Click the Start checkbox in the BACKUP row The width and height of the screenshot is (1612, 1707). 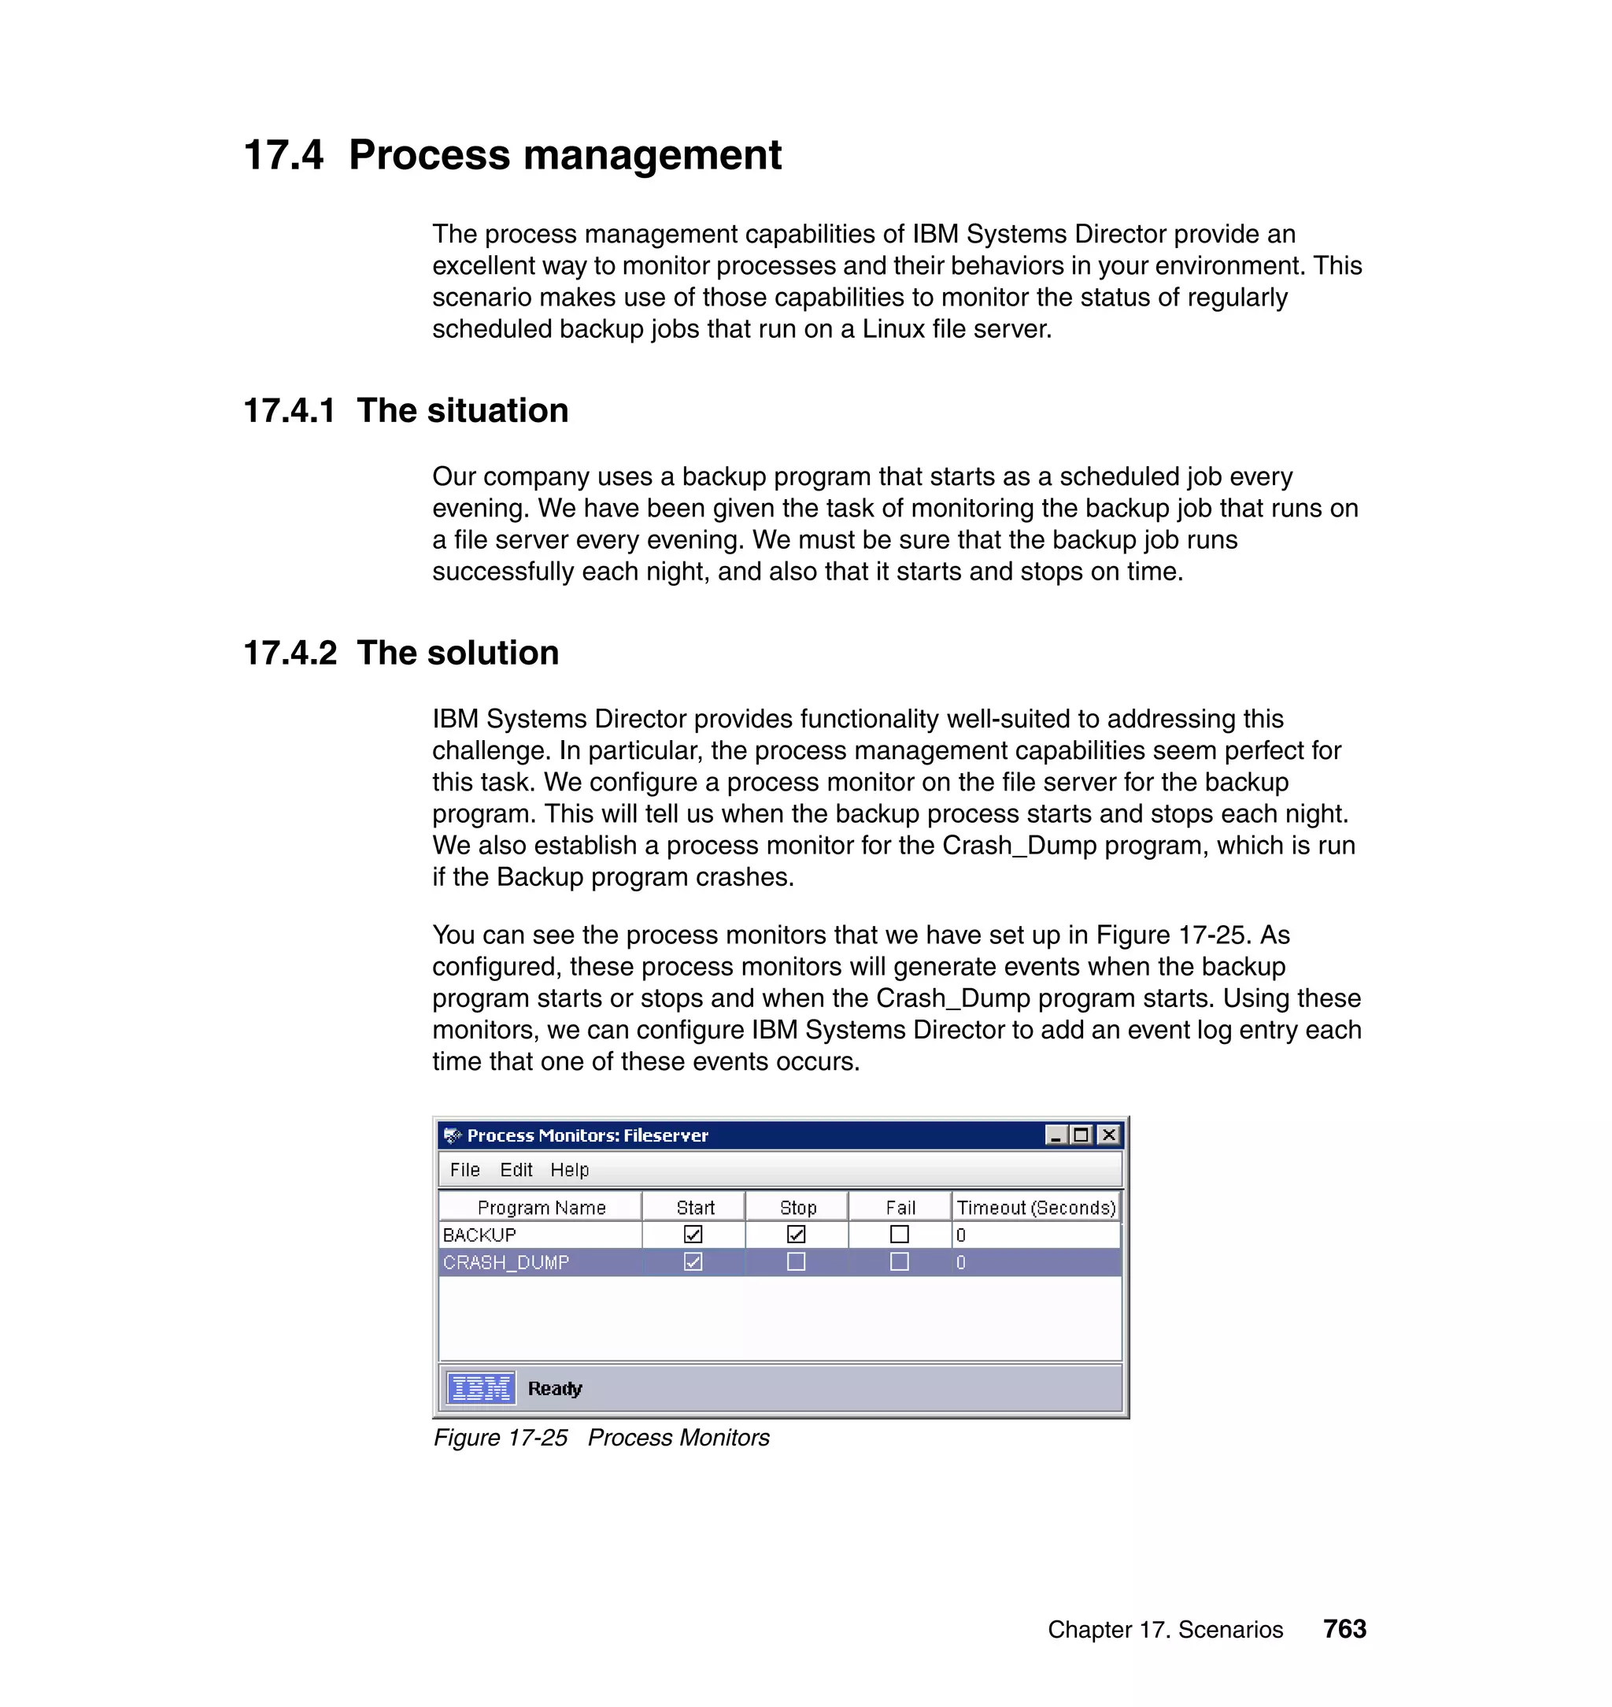(693, 1235)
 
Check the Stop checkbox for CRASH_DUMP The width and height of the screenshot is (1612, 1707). (796, 1262)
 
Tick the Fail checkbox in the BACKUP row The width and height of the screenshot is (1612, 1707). (899, 1235)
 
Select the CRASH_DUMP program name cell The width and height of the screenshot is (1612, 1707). (506, 1262)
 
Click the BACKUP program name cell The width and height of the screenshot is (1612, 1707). (479, 1235)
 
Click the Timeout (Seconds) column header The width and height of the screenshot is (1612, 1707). (1035, 1208)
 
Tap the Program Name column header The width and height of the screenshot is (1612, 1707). (542, 1208)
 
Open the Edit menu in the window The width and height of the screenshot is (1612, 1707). (516, 1170)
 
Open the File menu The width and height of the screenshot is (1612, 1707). (465, 1170)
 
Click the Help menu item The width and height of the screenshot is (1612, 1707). (569, 1170)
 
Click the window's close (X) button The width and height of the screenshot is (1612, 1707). (1108, 1135)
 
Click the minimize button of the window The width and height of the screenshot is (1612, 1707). (1056, 1135)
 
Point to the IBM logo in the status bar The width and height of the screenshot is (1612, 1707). (481, 1388)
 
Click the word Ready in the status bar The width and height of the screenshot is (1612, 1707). (554, 1388)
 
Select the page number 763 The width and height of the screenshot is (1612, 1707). (1344, 1629)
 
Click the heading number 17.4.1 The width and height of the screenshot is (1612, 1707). (290, 411)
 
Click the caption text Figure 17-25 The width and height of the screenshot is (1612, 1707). (500, 1438)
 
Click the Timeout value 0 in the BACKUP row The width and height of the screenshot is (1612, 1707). (961, 1235)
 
